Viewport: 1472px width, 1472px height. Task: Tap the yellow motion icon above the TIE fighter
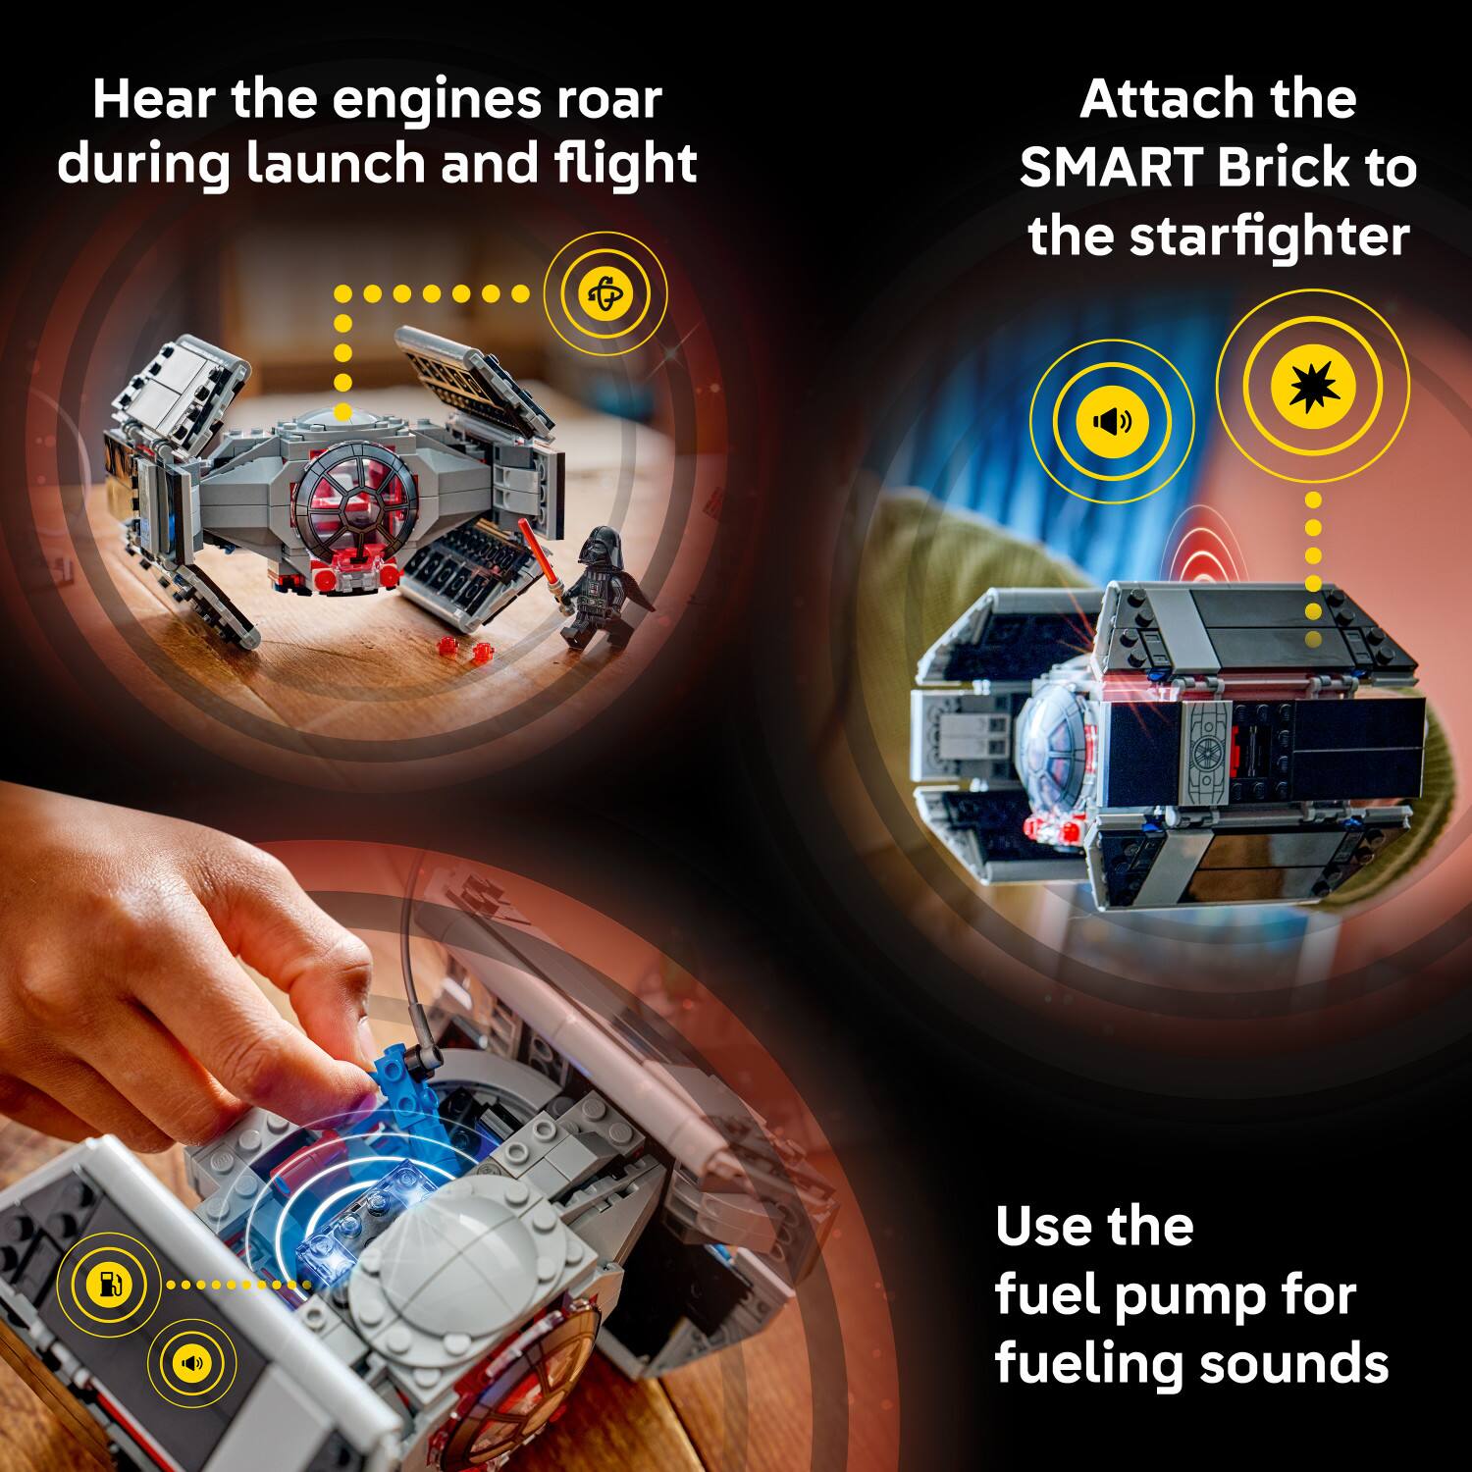(605, 293)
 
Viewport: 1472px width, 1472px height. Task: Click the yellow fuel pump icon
(109, 1284)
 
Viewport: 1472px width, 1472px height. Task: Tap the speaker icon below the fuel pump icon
(191, 1363)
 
